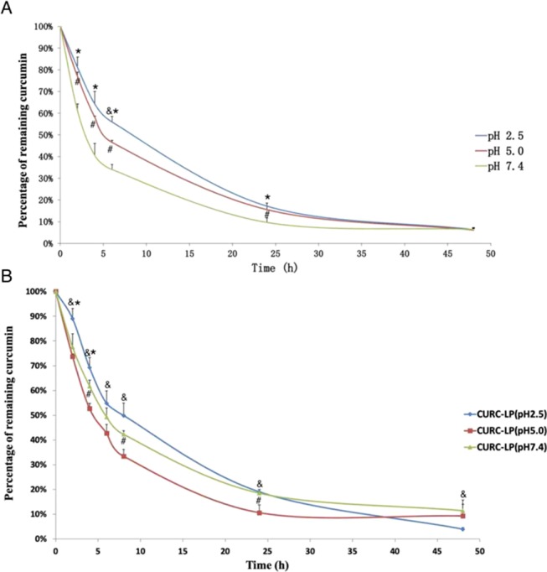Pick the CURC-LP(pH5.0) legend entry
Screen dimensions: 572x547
click(x=497, y=431)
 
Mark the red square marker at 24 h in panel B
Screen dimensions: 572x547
click(x=260, y=512)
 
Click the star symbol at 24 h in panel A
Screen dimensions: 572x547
click(x=267, y=198)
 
